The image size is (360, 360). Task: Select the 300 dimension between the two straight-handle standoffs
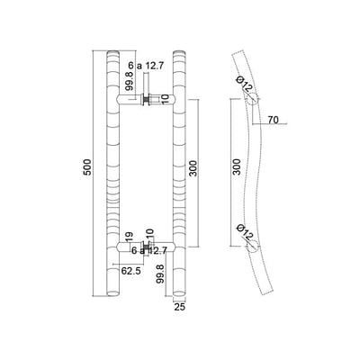click(194, 168)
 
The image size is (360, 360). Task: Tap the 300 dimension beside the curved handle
click(237, 166)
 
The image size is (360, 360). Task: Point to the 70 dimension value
click(273, 120)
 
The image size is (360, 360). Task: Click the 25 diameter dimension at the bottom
click(179, 307)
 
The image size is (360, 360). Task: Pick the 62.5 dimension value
click(130, 271)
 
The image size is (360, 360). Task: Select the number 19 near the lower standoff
click(129, 237)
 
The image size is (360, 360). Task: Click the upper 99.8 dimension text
click(130, 81)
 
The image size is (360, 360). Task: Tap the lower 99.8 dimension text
click(160, 274)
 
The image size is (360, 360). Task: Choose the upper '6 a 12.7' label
click(146, 66)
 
